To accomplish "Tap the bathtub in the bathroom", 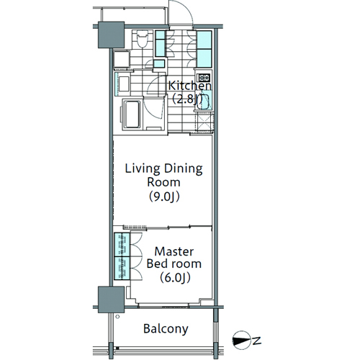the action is point(132,114).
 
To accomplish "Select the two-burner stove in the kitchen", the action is point(204,78).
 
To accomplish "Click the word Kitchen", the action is point(189,86).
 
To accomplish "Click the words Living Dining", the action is point(163,169).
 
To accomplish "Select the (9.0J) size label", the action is point(164,197).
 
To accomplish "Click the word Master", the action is point(174,251).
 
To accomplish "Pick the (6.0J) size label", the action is point(175,278).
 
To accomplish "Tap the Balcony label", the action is point(166,329).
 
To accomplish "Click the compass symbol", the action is point(241,341).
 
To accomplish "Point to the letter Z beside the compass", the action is point(256,341).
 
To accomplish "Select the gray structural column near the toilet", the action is point(111,35).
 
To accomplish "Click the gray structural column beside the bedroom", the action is point(111,300).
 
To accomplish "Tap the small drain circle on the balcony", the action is point(117,317).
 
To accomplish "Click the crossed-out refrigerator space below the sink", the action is point(204,122).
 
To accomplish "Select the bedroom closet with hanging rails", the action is point(122,256).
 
